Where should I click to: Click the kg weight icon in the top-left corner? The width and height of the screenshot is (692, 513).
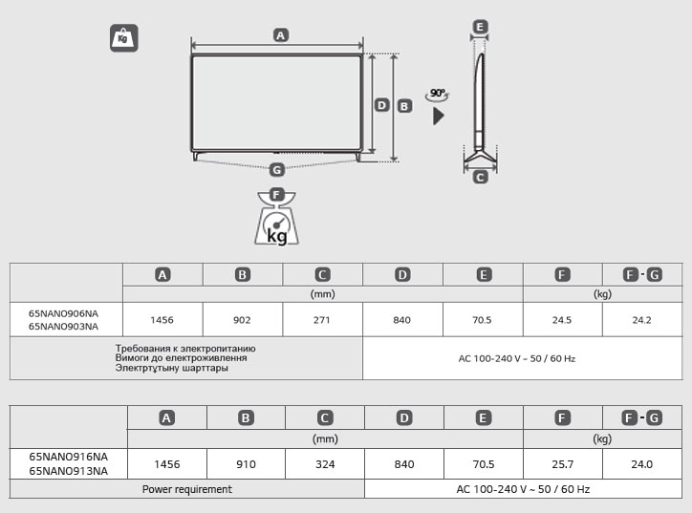tap(123, 38)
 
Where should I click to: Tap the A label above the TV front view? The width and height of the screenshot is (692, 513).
tap(280, 34)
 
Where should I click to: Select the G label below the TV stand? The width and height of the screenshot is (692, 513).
tap(276, 170)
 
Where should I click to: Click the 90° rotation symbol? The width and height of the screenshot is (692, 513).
tap(438, 94)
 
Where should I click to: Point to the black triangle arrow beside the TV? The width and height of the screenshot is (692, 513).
tap(439, 117)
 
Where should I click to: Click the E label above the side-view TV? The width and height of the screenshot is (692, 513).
tap(480, 27)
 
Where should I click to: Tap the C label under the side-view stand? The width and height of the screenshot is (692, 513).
tap(480, 177)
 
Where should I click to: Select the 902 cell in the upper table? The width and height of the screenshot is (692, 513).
tap(243, 320)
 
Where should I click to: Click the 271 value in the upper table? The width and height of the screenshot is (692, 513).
tap(322, 320)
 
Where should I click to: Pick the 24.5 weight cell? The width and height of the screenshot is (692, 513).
tap(562, 320)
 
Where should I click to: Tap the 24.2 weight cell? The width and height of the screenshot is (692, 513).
tap(641, 320)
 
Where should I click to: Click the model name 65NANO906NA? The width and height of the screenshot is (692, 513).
tap(63, 313)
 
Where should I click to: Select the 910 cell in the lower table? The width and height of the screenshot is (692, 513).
tap(247, 464)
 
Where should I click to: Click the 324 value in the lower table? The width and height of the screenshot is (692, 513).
tap(325, 464)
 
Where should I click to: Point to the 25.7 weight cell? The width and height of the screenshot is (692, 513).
tap(563, 464)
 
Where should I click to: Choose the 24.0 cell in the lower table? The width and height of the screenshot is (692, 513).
tap(642, 464)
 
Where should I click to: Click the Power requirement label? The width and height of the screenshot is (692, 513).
tap(187, 489)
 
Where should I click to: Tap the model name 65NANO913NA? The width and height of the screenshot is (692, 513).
tap(68, 471)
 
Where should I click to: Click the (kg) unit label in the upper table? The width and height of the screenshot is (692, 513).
tap(602, 294)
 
